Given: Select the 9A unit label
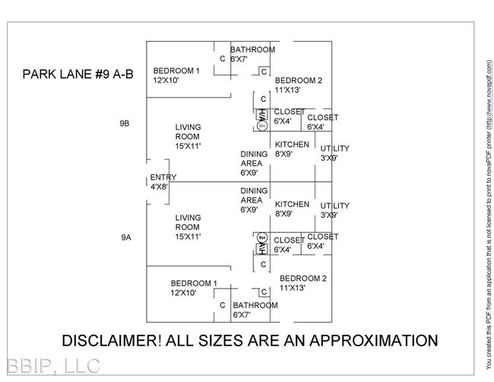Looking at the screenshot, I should click(x=125, y=238).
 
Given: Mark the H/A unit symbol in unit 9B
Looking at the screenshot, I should click(x=261, y=116).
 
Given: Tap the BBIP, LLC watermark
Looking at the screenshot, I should click(x=50, y=366).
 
